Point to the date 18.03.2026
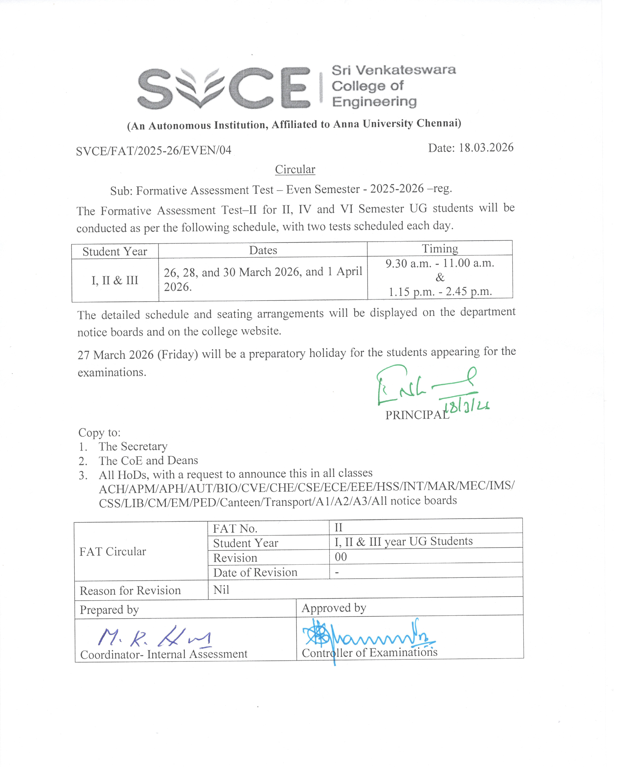click(486, 148)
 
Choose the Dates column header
click(263, 250)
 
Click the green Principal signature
click(422, 386)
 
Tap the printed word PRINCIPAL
click(417, 415)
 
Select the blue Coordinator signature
click(154, 637)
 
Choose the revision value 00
click(341, 557)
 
